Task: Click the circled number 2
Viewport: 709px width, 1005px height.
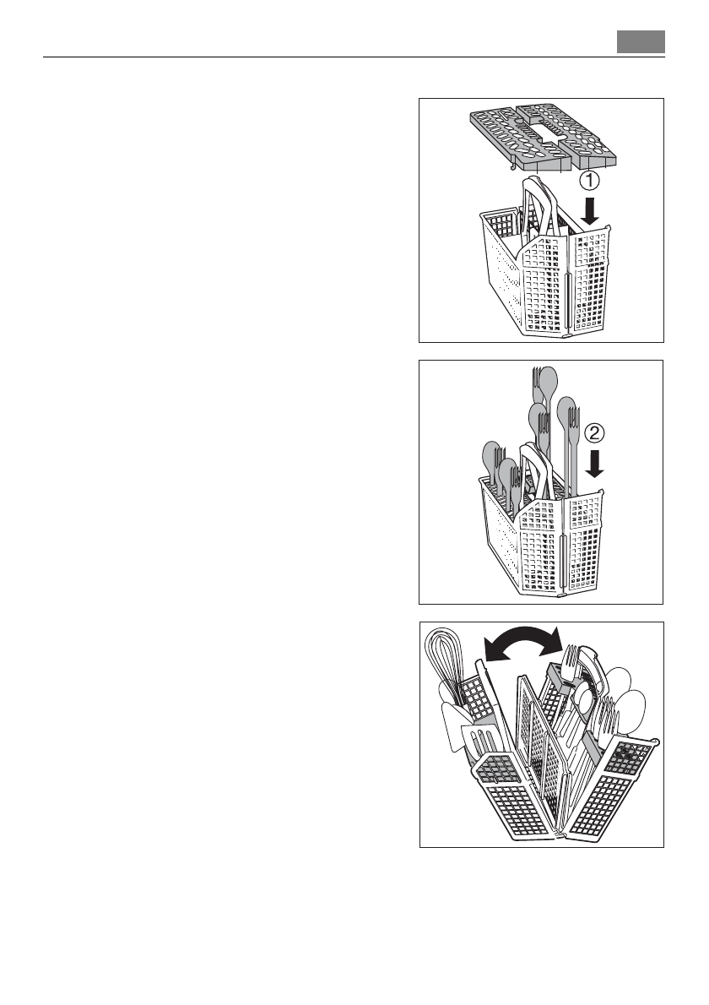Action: [x=595, y=434]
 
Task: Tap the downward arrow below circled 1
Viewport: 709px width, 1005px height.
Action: [x=591, y=212]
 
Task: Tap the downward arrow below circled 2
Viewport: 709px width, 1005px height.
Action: [x=595, y=464]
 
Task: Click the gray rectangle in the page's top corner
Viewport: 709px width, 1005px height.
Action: [x=641, y=41]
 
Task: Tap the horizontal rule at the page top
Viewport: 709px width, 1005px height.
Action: [x=354, y=58]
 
